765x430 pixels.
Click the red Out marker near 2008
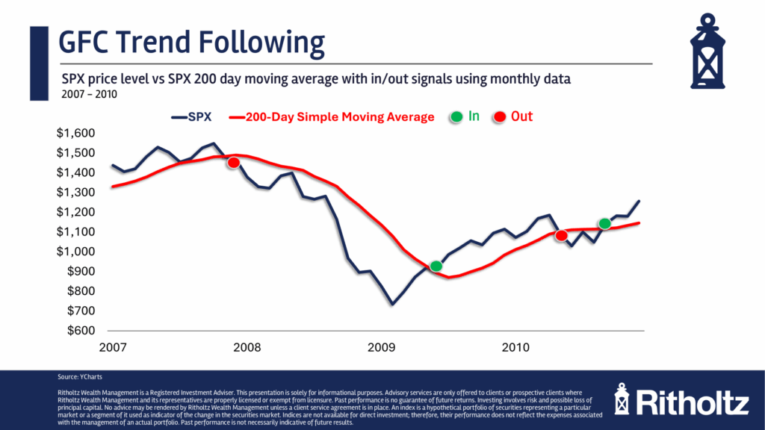click(233, 163)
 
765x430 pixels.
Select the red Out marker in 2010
click(562, 236)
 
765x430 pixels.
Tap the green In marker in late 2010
click(605, 224)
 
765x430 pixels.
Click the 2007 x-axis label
click(111, 348)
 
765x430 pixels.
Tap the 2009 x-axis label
click(381, 348)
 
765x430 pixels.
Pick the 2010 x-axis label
click(515, 348)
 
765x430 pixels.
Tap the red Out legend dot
click(499, 117)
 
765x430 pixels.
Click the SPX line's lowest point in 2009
click(391, 304)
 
